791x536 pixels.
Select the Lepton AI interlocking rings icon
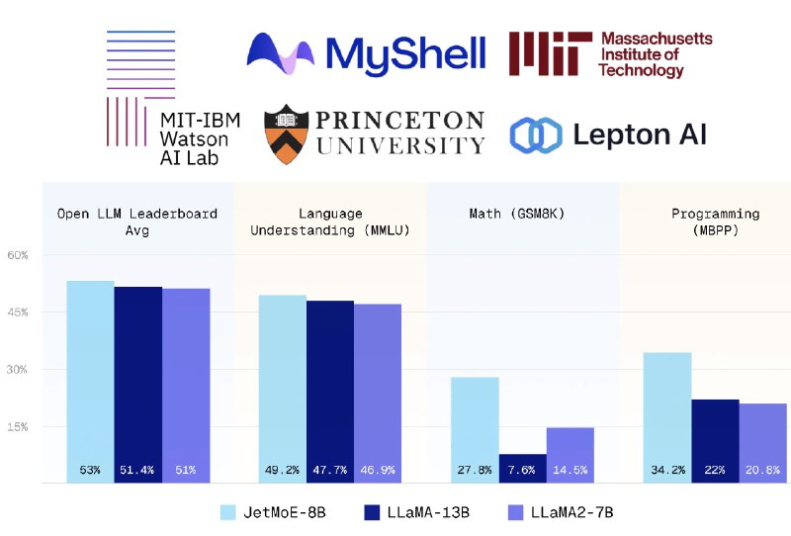tap(535, 135)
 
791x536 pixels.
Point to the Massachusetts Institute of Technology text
tap(656, 54)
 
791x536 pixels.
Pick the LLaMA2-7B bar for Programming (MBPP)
tap(762, 435)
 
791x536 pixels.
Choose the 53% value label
tap(90, 471)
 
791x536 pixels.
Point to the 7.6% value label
tap(523, 471)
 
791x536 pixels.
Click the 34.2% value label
tap(667, 471)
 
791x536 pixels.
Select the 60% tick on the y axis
tap(19, 255)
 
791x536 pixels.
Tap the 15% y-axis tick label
tap(19, 427)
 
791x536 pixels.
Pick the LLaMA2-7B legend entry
tap(565, 512)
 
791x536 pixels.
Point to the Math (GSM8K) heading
tap(523, 214)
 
